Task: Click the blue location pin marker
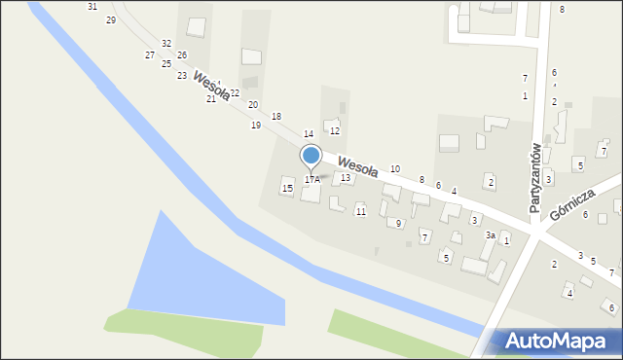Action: pos(311,156)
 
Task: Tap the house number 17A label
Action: pos(311,179)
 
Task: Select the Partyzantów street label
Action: pos(535,177)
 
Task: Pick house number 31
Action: pos(92,6)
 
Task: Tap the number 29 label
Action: pos(110,20)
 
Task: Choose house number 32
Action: pos(166,44)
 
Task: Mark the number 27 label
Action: pos(149,55)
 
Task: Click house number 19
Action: pos(256,126)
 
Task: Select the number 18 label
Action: pos(276,117)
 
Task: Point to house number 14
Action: pos(308,133)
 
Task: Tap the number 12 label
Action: pos(334,130)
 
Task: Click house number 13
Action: pos(345,178)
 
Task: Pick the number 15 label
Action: pos(287,187)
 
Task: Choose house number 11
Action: pos(360,212)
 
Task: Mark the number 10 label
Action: pos(394,169)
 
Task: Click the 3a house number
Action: pos(492,235)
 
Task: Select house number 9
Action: pos(399,224)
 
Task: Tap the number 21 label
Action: pos(210,99)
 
